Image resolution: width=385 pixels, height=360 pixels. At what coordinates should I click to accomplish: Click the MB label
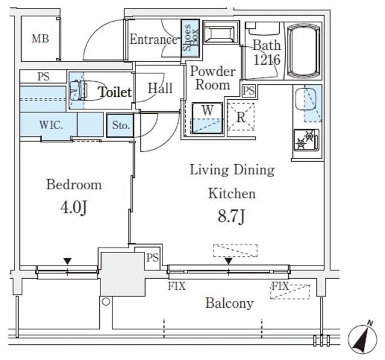pos(40,38)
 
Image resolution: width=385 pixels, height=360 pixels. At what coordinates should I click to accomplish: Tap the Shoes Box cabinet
pos(190,38)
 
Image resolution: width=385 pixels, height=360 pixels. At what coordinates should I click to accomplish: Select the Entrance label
pos(153,39)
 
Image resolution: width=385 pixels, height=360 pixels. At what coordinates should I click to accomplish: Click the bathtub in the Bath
pos(304,50)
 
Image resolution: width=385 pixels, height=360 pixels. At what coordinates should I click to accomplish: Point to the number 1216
pos(266,59)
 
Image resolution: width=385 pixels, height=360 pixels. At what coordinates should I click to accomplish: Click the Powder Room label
pos(213,78)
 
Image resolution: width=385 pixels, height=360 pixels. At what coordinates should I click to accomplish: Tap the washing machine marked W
pos(208,118)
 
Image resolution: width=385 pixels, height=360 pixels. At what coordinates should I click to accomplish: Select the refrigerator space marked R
pos(241,117)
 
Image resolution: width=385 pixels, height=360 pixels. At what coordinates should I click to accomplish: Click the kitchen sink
pos(306,99)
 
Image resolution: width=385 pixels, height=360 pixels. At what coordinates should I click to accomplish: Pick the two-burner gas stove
pos(306,140)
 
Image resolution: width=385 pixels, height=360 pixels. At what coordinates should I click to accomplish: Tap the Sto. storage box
pos(120,126)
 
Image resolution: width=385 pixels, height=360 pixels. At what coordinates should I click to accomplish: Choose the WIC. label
pos(51,125)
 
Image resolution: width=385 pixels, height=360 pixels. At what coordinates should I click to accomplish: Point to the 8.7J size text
pos(231,216)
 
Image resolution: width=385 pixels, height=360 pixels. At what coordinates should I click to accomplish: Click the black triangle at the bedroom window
pos(67,261)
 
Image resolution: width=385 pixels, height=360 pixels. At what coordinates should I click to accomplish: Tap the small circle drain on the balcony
pos(106,302)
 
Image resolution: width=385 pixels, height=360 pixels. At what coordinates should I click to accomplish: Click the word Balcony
pos(229,303)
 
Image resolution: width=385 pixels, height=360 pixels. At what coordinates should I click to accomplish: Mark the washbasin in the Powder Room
pos(221,32)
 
